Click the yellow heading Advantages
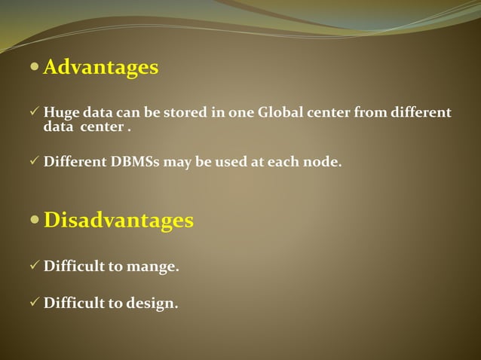point(101,68)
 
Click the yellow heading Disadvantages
point(118,221)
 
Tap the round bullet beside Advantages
point(35,68)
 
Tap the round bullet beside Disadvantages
point(35,221)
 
